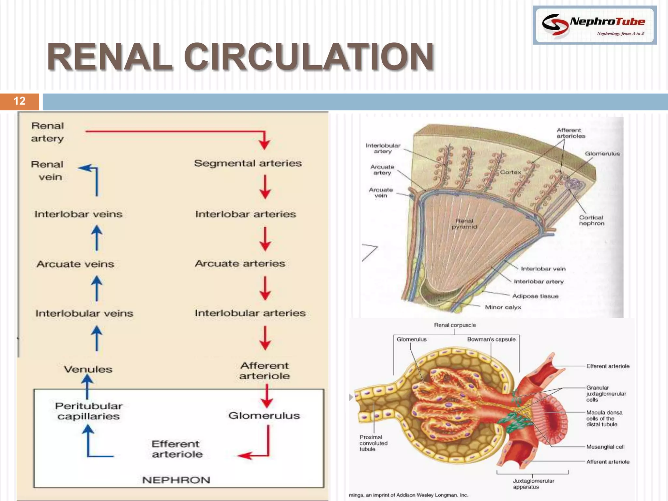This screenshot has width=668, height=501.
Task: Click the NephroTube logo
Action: point(594,25)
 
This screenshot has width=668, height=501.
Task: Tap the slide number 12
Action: point(20,101)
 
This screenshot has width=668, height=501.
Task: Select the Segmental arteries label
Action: point(248,163)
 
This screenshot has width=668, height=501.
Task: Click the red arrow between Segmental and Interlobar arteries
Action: point(265,187)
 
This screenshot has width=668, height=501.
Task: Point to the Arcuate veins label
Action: point(75,264)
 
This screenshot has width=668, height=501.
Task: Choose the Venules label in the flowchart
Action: point(88,369)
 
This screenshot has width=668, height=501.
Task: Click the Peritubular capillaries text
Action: point(89,411)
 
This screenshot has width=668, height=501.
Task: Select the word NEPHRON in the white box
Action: point(176,480)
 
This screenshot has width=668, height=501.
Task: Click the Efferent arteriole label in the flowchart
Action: point(177,449)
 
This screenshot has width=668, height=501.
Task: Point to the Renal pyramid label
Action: point(464,224)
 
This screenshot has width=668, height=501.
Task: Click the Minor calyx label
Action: point(503,307)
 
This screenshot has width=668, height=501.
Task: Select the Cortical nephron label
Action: point(592,220)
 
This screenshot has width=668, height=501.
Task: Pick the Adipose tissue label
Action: point(535,296)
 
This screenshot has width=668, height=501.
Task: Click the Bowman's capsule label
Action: point(491,340)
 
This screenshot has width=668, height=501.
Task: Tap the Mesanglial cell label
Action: point(605,447)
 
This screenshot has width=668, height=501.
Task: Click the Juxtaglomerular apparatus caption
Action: point(533,484)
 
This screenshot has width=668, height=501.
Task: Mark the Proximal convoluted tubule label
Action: point(373,443)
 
